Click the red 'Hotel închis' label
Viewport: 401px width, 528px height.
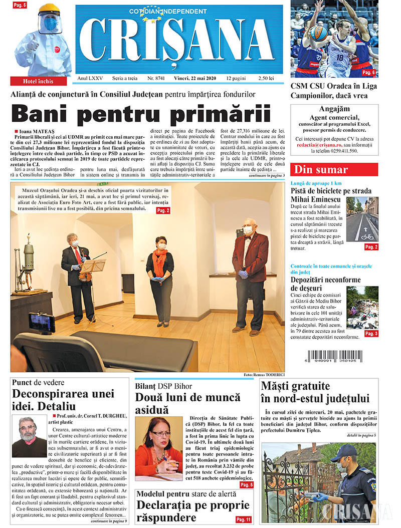click(38, 81)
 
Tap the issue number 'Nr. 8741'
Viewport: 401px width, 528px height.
click(156, 79)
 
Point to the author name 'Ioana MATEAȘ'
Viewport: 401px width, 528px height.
click(36, 131)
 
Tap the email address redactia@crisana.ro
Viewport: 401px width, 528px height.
click(319, 144)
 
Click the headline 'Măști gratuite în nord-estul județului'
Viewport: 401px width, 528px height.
click(315, 392)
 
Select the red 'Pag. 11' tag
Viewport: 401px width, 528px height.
click(244, 519)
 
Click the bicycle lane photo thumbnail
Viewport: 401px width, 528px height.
click(364, 221)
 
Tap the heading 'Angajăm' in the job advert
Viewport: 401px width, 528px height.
click(334, 109)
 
